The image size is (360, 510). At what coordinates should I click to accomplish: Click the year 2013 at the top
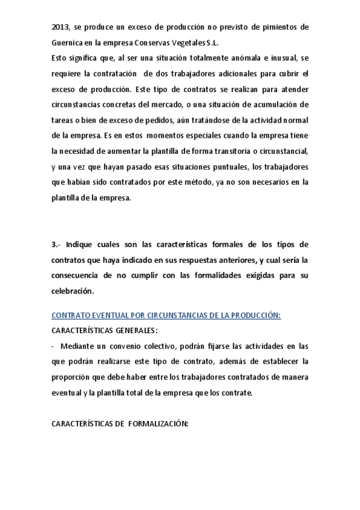(x=60, y=28)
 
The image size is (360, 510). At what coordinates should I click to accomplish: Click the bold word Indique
(x=81, y=245)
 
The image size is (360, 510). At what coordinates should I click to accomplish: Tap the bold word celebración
(x=73, y=291)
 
